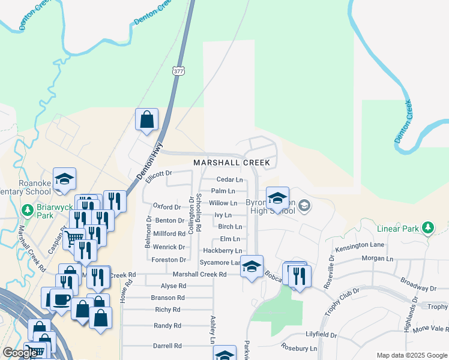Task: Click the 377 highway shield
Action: (x=178, y=71)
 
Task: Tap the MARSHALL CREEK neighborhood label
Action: (x=231, y=163)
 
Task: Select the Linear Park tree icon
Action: (x=427, y=228)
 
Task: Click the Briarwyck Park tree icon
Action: (x=27, y=211)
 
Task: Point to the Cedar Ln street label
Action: (x=229, y=179)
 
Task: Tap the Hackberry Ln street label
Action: (x=222, y=250)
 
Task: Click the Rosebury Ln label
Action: (x=300, y=348)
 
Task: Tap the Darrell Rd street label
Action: (x=167, y=346)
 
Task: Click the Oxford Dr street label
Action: (x=167, y=207)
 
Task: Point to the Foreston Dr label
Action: (x=169, y=260)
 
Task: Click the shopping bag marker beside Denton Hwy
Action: (x=146, y=119)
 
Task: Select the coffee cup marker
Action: (x=61, y=298)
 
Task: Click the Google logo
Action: (x=19, y=353)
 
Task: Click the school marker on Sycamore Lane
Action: (x=252, y=266)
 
